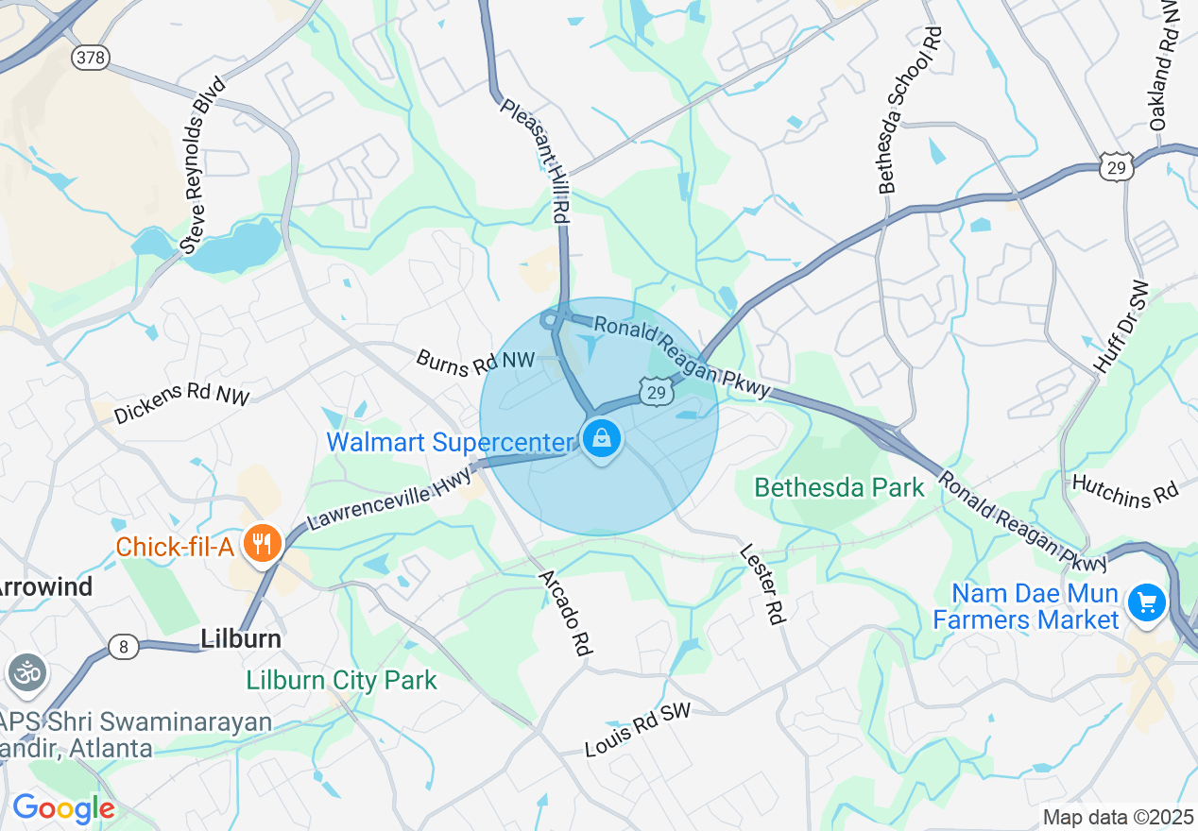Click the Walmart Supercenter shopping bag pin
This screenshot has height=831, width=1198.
pyautogui.click(x=601, y=438)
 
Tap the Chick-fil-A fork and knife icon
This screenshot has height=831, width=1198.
pyautogui.click(x=261, y=544)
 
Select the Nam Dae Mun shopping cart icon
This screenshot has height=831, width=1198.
pyautogui.click(x=1147, y=602)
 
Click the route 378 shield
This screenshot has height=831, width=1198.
pyautogui.click(x=90, y=58)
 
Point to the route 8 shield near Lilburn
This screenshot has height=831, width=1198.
pyautogui.click(x=123, y=647)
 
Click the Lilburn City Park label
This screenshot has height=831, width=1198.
pyautogui.click(x=341, y=680)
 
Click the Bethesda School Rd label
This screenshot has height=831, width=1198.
pyautogui.click(x=911, y=110)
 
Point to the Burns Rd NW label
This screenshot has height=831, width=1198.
pyautogui.click(x=475, y=361)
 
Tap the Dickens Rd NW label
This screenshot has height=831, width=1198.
pyautogui.click(x=181, y=403)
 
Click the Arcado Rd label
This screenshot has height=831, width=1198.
pyautogui.click(x=566, y=613)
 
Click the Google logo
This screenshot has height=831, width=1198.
pyautogui.click(x=63, y=808)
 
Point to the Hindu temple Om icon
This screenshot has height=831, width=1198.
pyautogui.click(x=26, y=673)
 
